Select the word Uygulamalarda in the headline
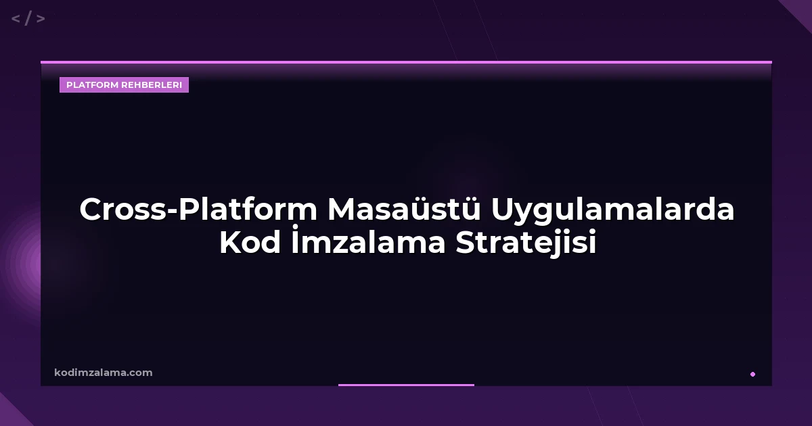coord(613,210)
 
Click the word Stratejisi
coord(526,244)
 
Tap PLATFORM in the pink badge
coord(92,85)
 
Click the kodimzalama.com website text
coord(104,373)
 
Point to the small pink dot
coord(752,374)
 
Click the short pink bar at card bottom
coord(406,385)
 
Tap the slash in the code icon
coord(28,19)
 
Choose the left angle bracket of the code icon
coord(16,19)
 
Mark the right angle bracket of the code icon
coord(41,19)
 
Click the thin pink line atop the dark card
coord(406,62)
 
